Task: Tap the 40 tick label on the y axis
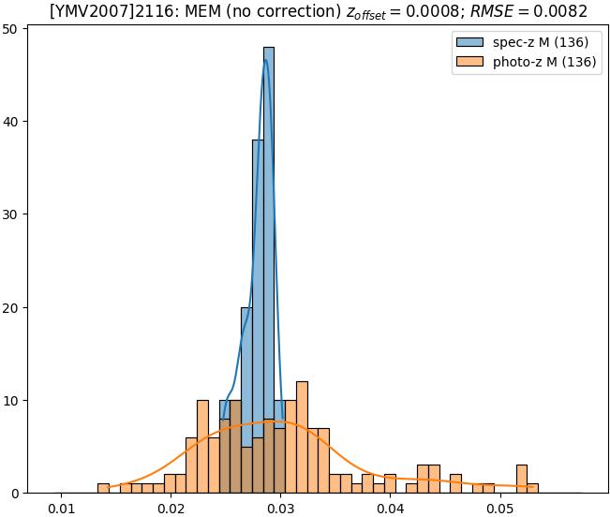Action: click(x=12, y=122)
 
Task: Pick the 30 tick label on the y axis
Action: click(x=12, y=214)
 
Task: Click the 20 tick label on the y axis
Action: click(x=12, y=307)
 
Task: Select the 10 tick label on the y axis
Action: click(x=12, y=401)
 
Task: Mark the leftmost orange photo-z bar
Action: click(x=103, y=489)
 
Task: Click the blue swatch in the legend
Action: click(x=471, y=43)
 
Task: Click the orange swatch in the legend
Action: click(x=471, y=64)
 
